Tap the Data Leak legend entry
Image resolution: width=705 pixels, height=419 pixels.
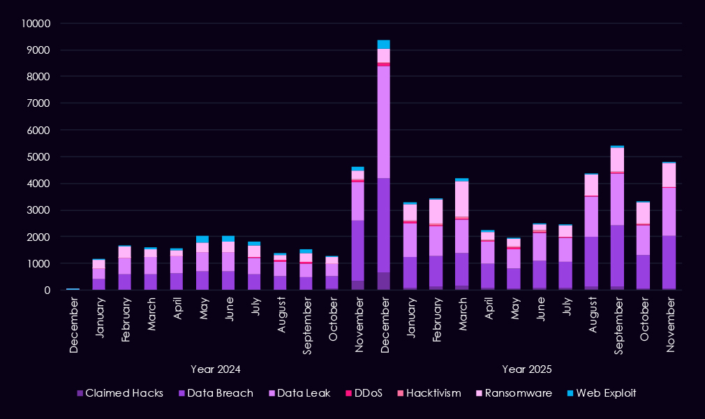point(300,393)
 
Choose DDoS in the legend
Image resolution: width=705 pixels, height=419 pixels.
point(367,393)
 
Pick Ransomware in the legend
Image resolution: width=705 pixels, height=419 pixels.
point(512,393)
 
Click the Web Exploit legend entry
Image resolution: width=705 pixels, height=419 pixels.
point(601,393)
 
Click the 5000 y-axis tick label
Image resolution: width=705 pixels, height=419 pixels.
point(40,157)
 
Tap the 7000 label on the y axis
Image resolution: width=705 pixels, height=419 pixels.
point(40,103)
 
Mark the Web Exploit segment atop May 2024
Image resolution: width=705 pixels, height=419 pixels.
point(202,240)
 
